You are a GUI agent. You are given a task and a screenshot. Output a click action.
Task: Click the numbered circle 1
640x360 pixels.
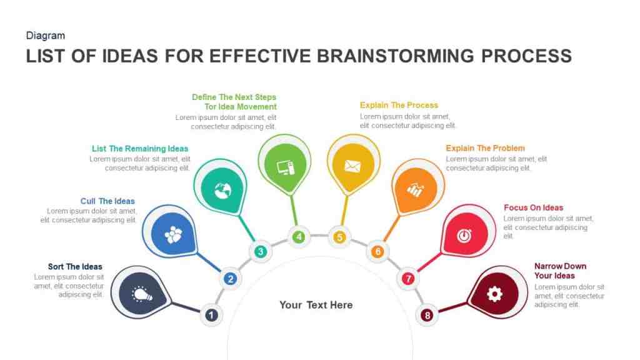(x=211, y=315)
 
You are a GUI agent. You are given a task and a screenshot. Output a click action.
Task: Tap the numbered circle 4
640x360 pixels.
(x=299, y=237)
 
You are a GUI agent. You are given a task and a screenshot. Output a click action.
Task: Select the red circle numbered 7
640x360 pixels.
(x=407, y=279)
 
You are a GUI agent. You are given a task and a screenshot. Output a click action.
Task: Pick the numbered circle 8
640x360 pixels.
(x=427, y=315)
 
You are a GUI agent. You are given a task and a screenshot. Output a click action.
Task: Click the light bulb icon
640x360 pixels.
(x=142, y=294)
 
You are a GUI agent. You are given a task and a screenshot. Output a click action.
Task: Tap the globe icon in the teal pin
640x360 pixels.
(x=222, y=191)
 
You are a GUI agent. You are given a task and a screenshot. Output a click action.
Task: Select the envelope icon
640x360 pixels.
(x=352, y=166)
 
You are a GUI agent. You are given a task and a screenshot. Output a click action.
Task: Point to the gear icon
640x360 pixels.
(x=494, y=294)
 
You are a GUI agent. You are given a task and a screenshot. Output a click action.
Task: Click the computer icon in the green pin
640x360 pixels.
(x=285, y=167)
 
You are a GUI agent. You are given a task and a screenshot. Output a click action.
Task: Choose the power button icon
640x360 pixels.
(x=464, y=236)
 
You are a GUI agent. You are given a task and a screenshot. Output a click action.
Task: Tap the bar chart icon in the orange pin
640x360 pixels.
(x=416, y=190)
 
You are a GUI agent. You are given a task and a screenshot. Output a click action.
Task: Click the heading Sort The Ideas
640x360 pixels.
(x=75, y=266)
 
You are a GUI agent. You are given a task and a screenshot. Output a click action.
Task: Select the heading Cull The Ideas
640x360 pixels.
(x=107, y=201)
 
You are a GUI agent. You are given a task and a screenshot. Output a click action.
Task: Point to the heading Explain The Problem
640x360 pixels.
(x=485, y=148)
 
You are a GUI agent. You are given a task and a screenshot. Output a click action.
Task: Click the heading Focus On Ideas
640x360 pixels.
(x=534, y=207)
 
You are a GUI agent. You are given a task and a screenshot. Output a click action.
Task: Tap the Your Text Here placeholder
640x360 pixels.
(x=316, y=305)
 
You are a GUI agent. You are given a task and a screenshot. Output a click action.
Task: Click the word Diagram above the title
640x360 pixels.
(x=45, y=36)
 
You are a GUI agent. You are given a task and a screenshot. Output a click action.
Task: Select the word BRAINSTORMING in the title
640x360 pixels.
(x=396, y=56)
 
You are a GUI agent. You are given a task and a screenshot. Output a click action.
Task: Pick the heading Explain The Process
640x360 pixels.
(x=399, y=105)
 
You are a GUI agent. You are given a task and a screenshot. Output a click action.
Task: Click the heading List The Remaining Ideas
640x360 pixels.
(x=140, y=149)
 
